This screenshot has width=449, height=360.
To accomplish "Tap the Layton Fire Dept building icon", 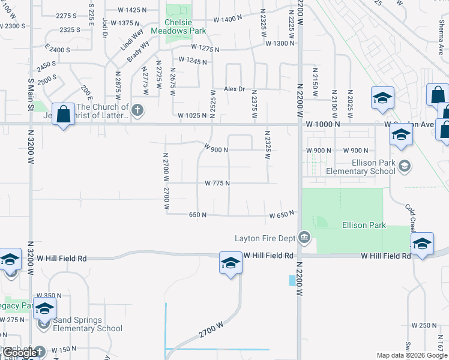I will pyautogui.click(x=304, y=238).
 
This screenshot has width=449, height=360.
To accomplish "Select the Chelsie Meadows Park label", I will pyautogui.click(x=178, y=27).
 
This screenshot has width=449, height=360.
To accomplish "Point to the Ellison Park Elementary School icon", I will pyautogui.click(x=405, y=166).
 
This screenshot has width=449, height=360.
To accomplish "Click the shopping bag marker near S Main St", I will pyautogui.click(x=63, y=114).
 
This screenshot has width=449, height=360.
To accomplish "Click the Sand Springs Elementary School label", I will pyautogui.click(x=88, y=324).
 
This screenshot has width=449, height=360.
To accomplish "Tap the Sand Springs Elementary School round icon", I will pyautogui.click(x=43, y=325).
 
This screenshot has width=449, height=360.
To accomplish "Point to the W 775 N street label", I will pyautogui.click(x=217, y=183).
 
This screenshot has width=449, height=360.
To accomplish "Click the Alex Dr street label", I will pyautogui.click(x=235, y=89).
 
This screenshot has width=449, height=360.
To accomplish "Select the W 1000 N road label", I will pyautogui.click(x=322, y=124).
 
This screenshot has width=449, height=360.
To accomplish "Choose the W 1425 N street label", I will pyautogui.click(x=133, y=10).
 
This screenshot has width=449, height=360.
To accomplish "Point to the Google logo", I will pyautogui.click(x=20, y=353).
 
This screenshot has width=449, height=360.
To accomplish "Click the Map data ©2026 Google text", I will pyautogui.click(x=412, y=355).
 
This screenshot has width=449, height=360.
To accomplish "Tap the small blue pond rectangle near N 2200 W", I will pyautogui.click(x=292, y=280).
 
